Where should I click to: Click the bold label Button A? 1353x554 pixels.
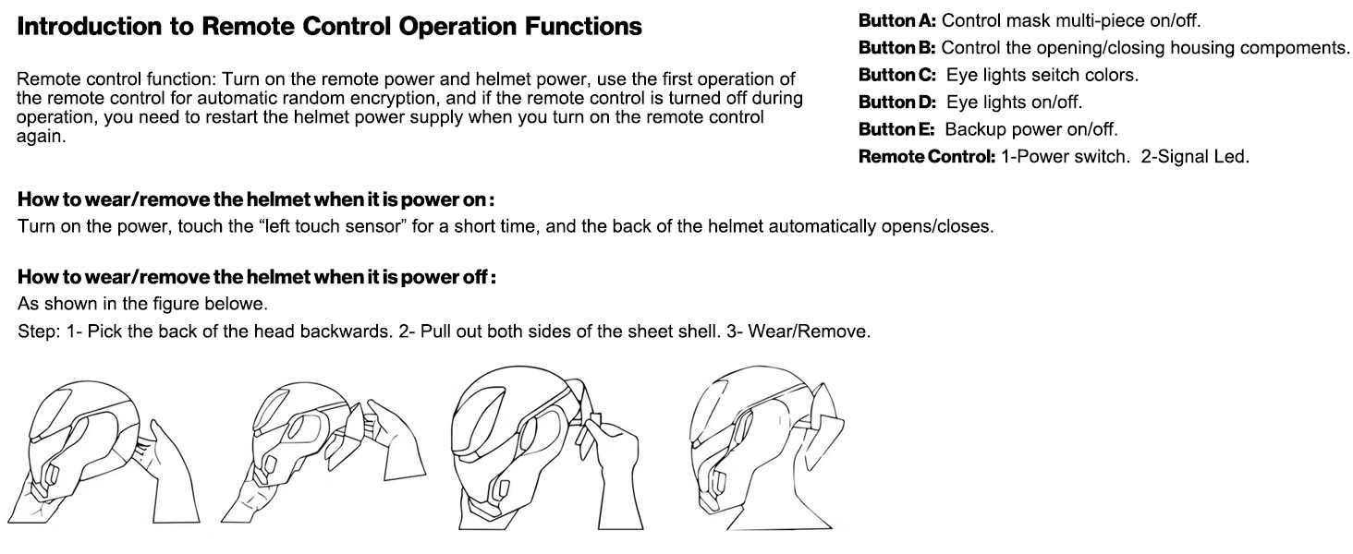(x=897, y=20)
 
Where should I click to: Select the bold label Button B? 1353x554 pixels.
(x=897, y=48)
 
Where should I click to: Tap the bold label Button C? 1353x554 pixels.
(x=897, y=75)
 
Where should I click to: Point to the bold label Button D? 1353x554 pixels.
(x=897, y=102)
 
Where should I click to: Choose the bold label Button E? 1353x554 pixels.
(x=896, y=129)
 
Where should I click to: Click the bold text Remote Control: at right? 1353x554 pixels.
(x=927, y=157)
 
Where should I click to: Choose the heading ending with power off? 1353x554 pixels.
(x=256, y=277)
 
